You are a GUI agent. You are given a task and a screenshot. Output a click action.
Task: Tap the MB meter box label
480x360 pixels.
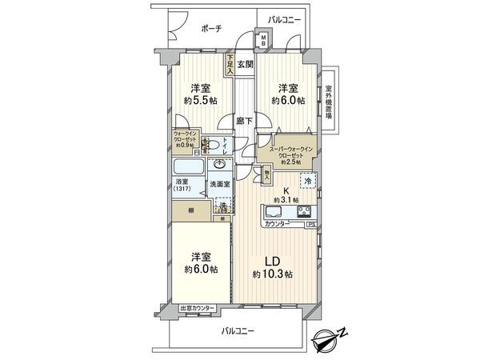coord(262,40)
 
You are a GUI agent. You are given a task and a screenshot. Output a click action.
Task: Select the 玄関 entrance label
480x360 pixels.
coord(245,64)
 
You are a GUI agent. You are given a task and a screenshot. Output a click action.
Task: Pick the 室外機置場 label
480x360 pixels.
coord(328,103)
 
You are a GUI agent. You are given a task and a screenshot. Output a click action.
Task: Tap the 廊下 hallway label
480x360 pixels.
coord(244,121)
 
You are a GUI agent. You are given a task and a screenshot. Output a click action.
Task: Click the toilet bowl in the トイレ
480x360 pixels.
coord(213,145)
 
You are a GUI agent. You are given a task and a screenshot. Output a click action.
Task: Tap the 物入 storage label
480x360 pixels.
coord(266,173)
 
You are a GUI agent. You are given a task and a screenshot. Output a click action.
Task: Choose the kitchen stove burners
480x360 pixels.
coord(304,212)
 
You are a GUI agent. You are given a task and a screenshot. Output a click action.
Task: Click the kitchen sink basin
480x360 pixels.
coord(272,213)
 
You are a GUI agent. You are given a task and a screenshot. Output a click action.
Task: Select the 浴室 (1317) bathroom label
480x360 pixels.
coord(184,186)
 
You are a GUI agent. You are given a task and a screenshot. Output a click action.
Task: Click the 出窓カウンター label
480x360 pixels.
coord(197,309)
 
